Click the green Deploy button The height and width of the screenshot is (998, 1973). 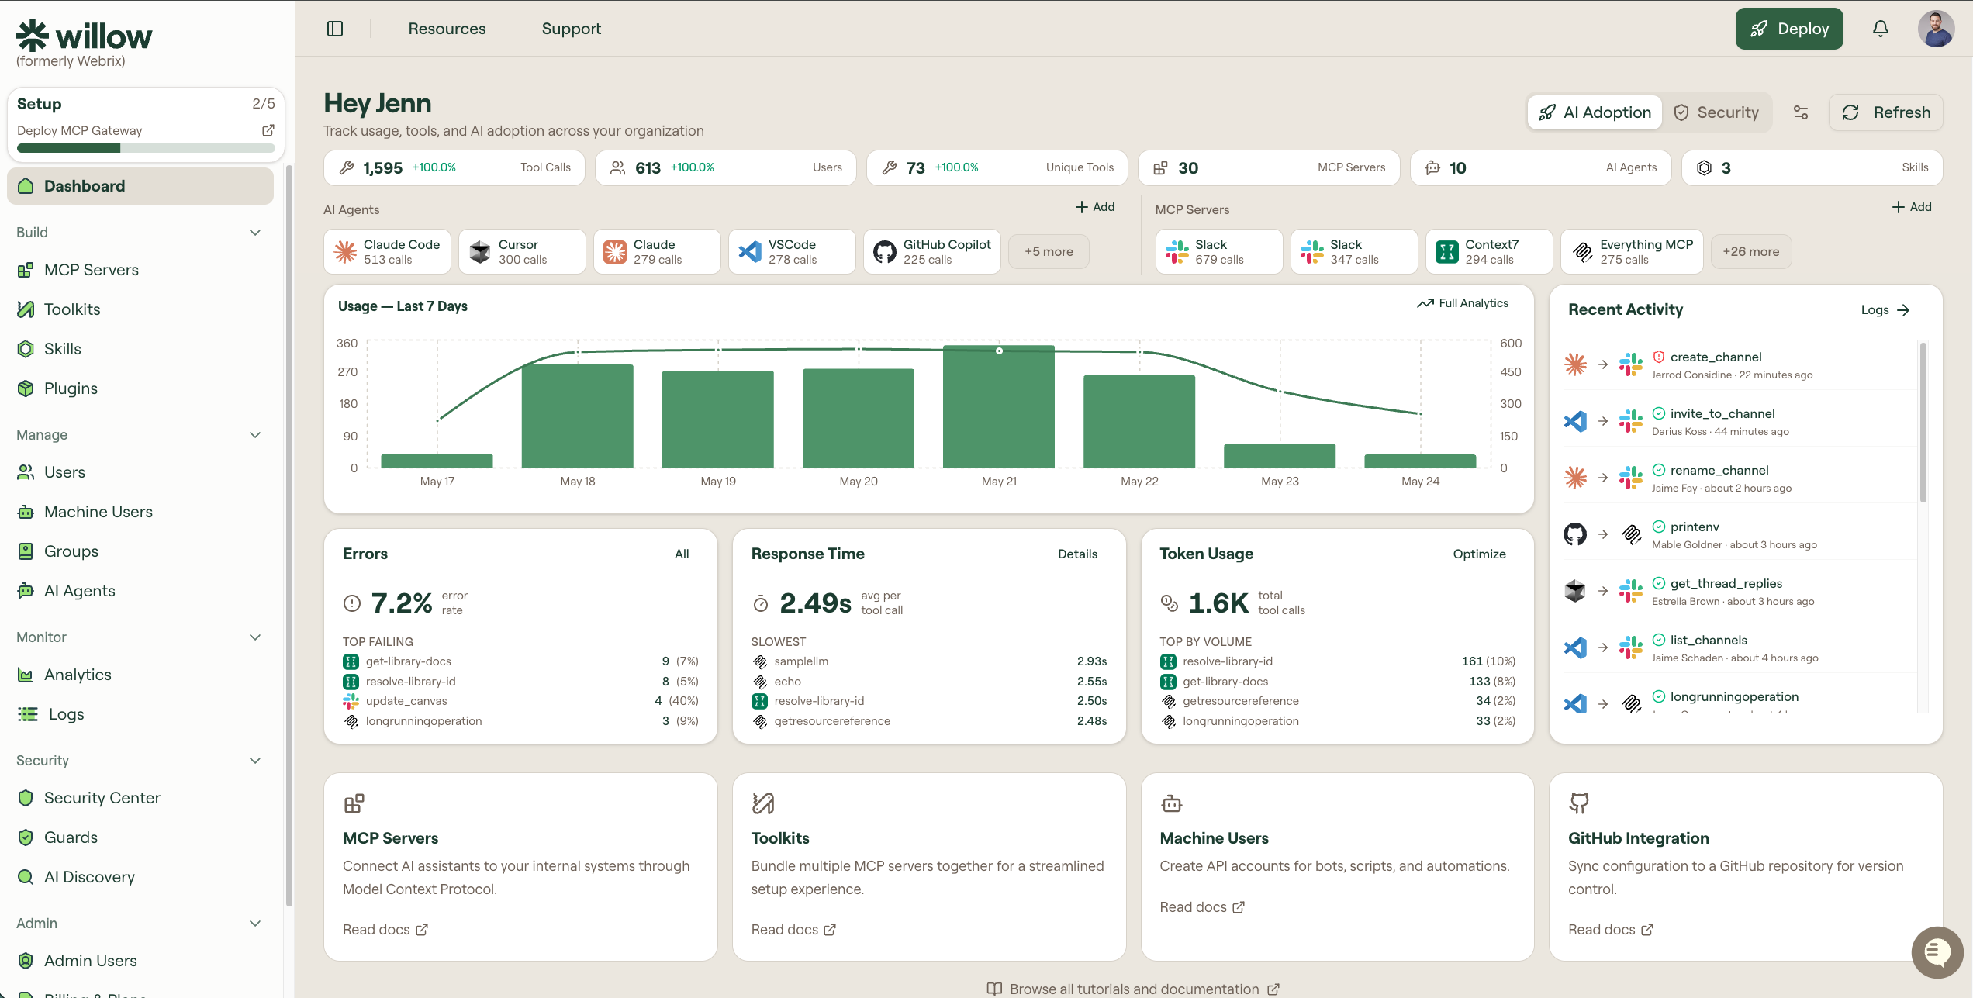tap(1789, 29)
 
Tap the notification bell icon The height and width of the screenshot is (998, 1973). tap(1881, 29)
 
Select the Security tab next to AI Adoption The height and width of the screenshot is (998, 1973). tap(1716, 112)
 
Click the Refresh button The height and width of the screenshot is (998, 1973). tap(1886, 112)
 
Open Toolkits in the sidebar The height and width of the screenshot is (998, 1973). tap(72, 309)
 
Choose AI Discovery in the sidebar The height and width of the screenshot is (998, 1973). tap(89, 877)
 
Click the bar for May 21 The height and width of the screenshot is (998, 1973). tap(999, 406)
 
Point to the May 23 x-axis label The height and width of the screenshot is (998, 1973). tap(1280, 482)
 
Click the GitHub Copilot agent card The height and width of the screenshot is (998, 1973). tap(932, 251)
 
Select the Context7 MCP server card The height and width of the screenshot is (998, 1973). tap(1489, 251)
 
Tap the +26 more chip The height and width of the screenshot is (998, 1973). tap(1751, 251)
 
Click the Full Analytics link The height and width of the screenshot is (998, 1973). tap(1463, 303)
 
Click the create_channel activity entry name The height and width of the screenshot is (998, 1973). tap(1716, 357)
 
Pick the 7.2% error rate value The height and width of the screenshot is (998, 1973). tap(402, 603)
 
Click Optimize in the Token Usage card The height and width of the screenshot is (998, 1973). tap(1479, 554)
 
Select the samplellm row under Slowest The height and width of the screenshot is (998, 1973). tap(929, 661)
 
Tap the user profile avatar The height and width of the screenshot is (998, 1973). tap(1936, 29)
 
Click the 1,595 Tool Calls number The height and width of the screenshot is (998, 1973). tap(383, 168)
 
